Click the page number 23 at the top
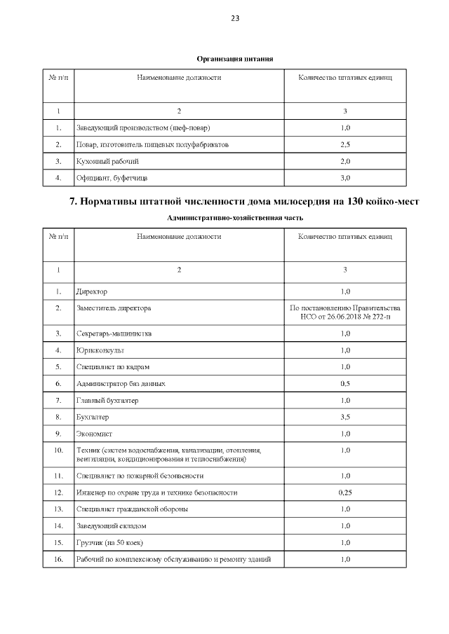tap(234, 19)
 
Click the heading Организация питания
tap(234, 58)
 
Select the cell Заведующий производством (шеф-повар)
tap(143, 128)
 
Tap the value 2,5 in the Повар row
tap(344, 144)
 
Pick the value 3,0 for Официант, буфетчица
tap(344, 178)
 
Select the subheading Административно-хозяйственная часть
tap(234, 218)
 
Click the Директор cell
tap(92, 291)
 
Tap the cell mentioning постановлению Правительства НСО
tap(344, 312)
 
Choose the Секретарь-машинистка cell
tap(113, 333)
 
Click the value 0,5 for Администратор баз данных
tap(344, 384)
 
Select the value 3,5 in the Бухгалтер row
tap(344, 418)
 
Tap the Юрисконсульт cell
tap(100, 350)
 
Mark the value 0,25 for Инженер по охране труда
tap(344, 492)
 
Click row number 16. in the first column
tap(58, 559)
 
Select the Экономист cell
tap(95, 434)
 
